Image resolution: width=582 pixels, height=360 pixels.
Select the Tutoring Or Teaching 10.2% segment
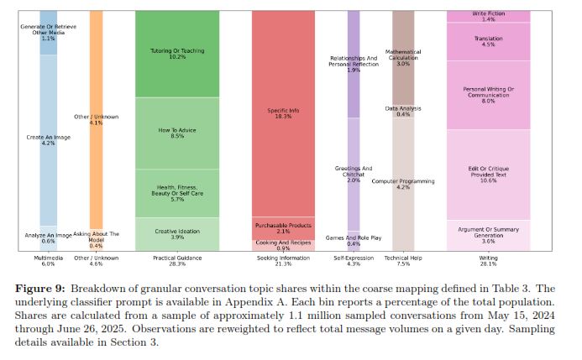tap(177, 54)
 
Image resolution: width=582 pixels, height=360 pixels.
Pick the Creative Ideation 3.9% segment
tap(177, 234)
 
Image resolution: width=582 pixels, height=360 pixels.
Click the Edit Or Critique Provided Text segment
tap(488, 175)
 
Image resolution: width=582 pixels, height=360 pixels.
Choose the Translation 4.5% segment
tap(488, 41)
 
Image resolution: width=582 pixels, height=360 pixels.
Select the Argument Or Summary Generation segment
tap(488, 235)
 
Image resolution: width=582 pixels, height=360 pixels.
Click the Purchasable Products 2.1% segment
tap(284, 227)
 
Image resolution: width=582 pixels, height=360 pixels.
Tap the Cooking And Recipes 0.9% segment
tap(284, 245)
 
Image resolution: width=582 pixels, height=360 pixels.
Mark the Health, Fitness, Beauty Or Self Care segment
tap(177, 193)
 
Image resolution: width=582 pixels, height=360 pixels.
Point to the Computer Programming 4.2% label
tap(403, 184)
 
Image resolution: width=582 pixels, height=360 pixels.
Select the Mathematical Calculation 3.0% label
tap(403, 58)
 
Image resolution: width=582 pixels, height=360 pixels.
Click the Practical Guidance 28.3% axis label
tap(177, 260)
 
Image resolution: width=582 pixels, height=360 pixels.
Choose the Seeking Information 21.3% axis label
tap(284, 260)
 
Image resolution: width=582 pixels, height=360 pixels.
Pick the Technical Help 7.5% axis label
tap(403, 260)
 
